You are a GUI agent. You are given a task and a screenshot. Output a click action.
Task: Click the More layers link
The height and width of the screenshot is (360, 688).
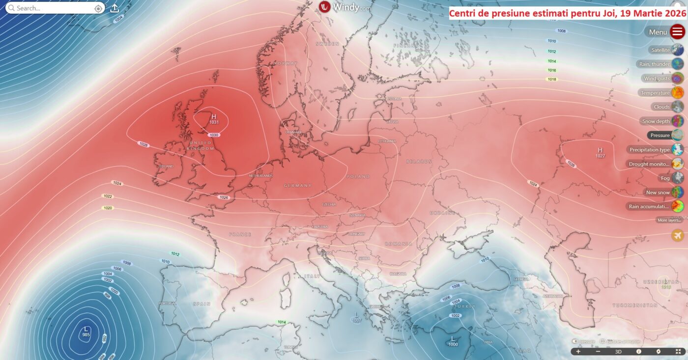[669, 220]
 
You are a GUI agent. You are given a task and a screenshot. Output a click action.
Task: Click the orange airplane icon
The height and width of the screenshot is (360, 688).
[678, 235]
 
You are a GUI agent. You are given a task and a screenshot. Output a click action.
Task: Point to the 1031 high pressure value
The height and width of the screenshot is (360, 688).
[214, 122]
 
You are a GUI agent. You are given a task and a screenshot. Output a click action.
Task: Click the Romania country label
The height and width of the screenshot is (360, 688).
[399, 244]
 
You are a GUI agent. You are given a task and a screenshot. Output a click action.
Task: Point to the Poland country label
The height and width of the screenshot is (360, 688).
[358, 176]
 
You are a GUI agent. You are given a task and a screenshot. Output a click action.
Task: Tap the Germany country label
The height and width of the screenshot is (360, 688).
[297, 186]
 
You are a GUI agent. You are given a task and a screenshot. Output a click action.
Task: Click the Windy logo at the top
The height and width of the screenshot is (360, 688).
[344, 7]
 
